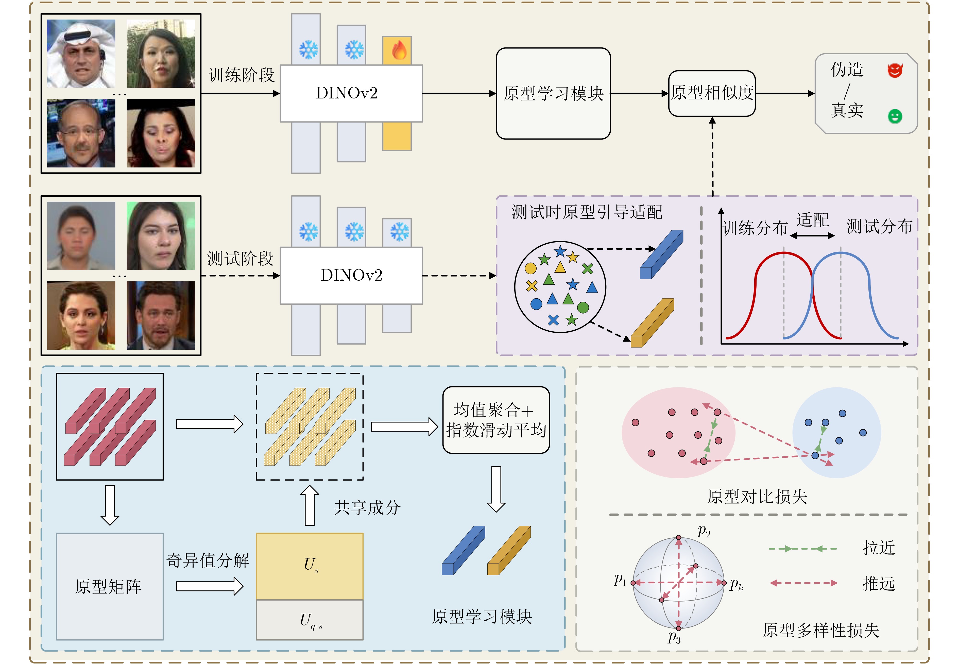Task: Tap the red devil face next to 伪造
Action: click(895, 70)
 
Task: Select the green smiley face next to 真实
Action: click(895, 116)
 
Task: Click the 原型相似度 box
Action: click(712, 93)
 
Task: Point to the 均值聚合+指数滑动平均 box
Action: click(496, 420)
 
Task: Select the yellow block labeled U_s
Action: click(310, 566)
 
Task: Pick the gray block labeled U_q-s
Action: click(310, 620)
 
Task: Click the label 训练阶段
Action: click(241, 75)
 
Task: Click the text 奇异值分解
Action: click(208, 560)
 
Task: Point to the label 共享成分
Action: click(367, 507)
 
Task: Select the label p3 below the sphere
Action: click(674, 637)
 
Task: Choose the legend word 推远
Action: click(879, 584)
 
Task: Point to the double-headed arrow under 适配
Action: click(812, 235)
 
